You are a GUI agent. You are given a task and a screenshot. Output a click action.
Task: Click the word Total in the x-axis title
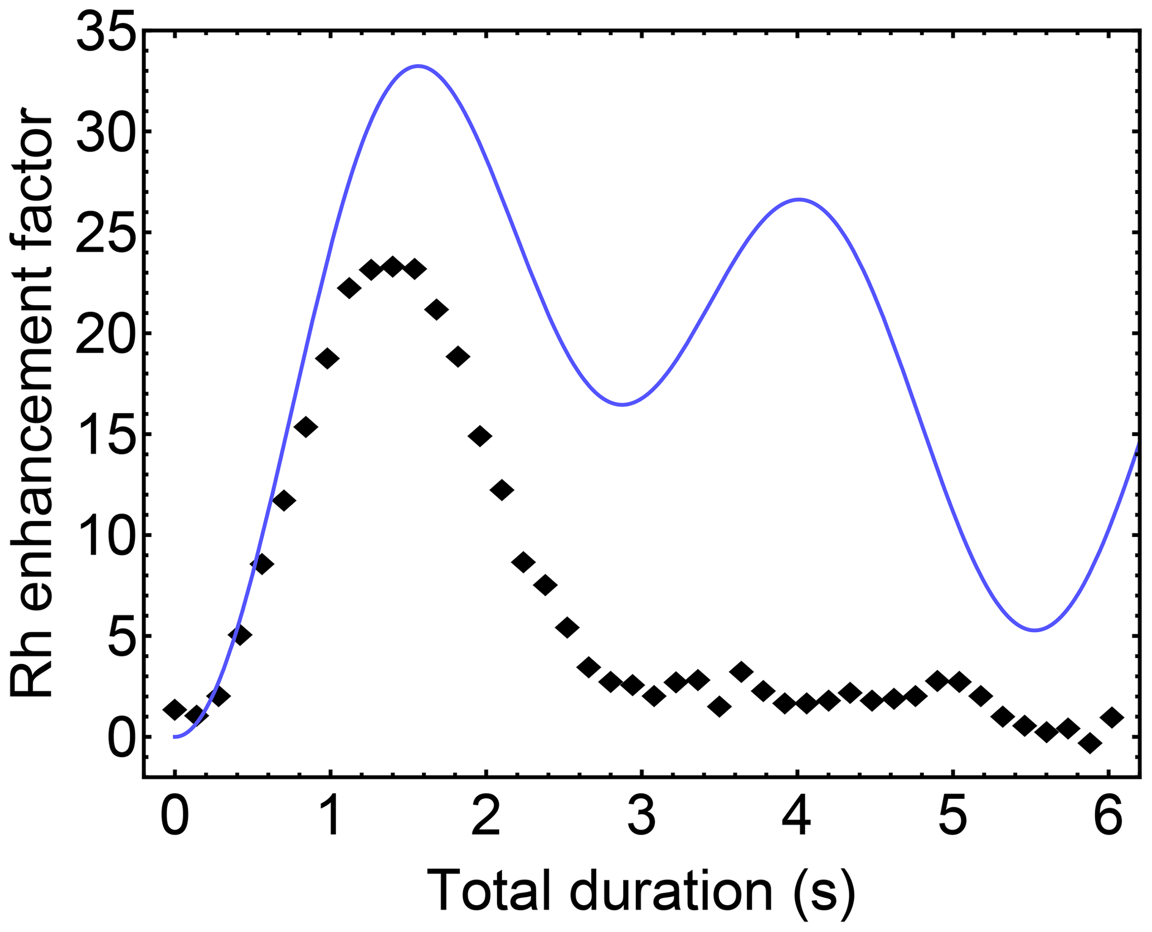pos(491,891)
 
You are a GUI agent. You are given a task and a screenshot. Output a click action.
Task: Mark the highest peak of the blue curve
pos(419,66)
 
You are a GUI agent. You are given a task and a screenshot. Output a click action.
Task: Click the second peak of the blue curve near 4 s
pos(799,199)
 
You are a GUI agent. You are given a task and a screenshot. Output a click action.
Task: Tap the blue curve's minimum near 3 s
pos(623,404)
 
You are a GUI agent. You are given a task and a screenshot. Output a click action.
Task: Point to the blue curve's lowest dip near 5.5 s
pos(1035,630)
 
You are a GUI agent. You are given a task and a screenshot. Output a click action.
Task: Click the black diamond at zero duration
pos(175,710)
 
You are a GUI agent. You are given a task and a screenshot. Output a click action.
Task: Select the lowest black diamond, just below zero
pos(1090,743)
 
